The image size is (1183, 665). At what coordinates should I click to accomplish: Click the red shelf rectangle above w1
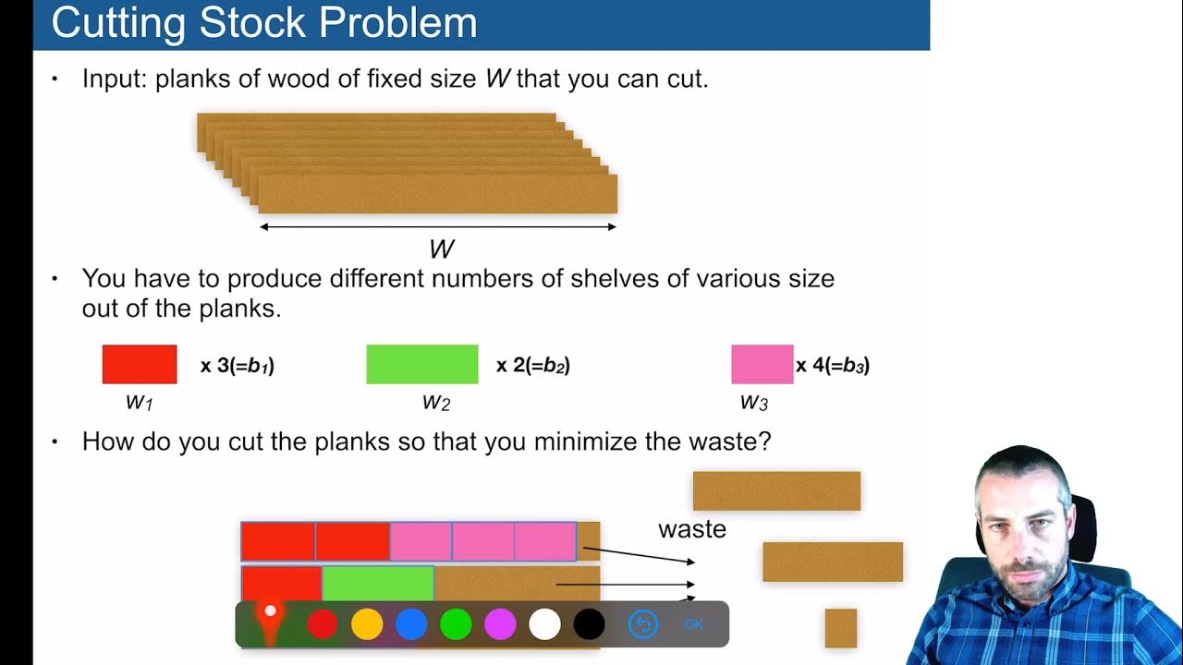pos(140,364)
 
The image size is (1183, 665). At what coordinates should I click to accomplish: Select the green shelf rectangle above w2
pos(421,364)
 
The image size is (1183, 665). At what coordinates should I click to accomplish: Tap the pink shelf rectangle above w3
pos(762,364)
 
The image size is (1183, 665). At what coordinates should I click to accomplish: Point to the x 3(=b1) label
pos(238,366)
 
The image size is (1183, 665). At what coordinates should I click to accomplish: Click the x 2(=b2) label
pos(533,366)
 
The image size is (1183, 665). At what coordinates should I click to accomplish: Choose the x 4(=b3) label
pos(833,366)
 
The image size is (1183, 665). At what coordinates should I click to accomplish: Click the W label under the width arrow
pos(442,249)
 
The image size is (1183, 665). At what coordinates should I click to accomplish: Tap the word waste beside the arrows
pos(691,529)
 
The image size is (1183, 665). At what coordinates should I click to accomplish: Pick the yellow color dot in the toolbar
pos(367,624)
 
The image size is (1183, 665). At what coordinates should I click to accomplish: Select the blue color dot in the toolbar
pos(411,624)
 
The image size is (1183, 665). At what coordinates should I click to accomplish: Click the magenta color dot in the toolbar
pos(500,624)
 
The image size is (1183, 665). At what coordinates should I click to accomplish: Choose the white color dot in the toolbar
pos(544,624)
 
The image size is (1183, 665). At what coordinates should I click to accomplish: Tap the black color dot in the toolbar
pos(589,624)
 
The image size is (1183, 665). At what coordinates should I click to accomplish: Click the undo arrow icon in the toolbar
pos(643,624)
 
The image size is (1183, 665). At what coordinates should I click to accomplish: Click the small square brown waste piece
pos(841,628)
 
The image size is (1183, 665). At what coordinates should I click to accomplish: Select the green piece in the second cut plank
pos(377,583)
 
